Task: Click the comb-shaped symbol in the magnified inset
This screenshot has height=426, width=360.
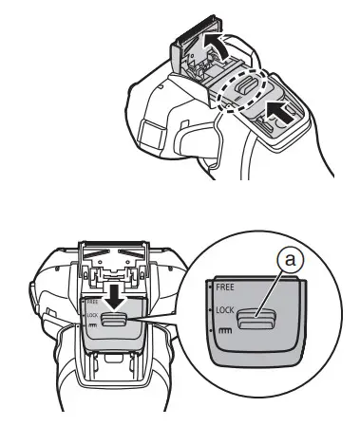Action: [x=224, y=332]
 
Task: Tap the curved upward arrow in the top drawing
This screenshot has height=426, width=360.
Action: [x=216, y=42]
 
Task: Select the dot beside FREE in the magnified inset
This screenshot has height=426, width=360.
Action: [x=210, y=284]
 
